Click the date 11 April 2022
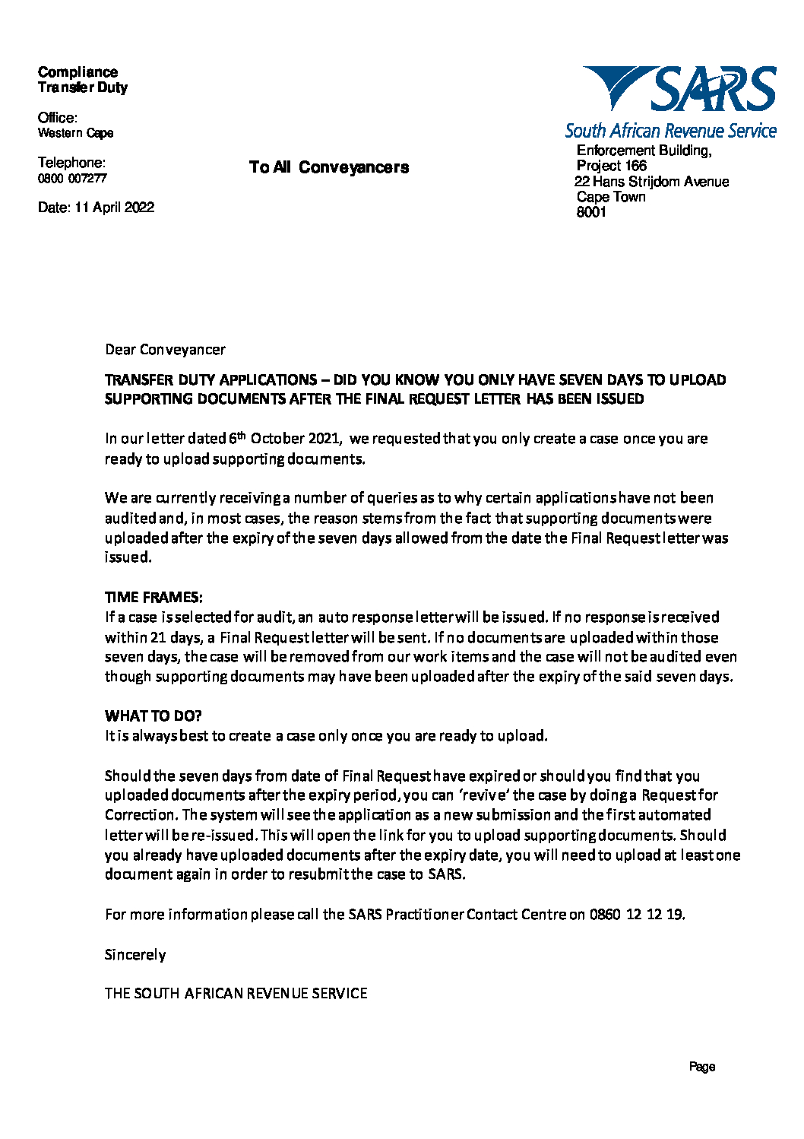114,208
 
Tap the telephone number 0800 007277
72,179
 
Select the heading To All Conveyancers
328,167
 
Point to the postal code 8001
591,212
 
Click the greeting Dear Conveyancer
165,350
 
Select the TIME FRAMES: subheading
154,597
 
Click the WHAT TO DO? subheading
153,716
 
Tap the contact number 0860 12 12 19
636,915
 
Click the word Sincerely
135,955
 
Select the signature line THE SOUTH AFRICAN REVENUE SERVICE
236,994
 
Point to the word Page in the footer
702,1067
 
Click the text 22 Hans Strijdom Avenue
651,182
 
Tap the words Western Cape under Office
75,133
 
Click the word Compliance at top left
78,72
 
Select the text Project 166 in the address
611,166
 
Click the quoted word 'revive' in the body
482,795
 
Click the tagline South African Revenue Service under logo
670,131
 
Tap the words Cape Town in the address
611,197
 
